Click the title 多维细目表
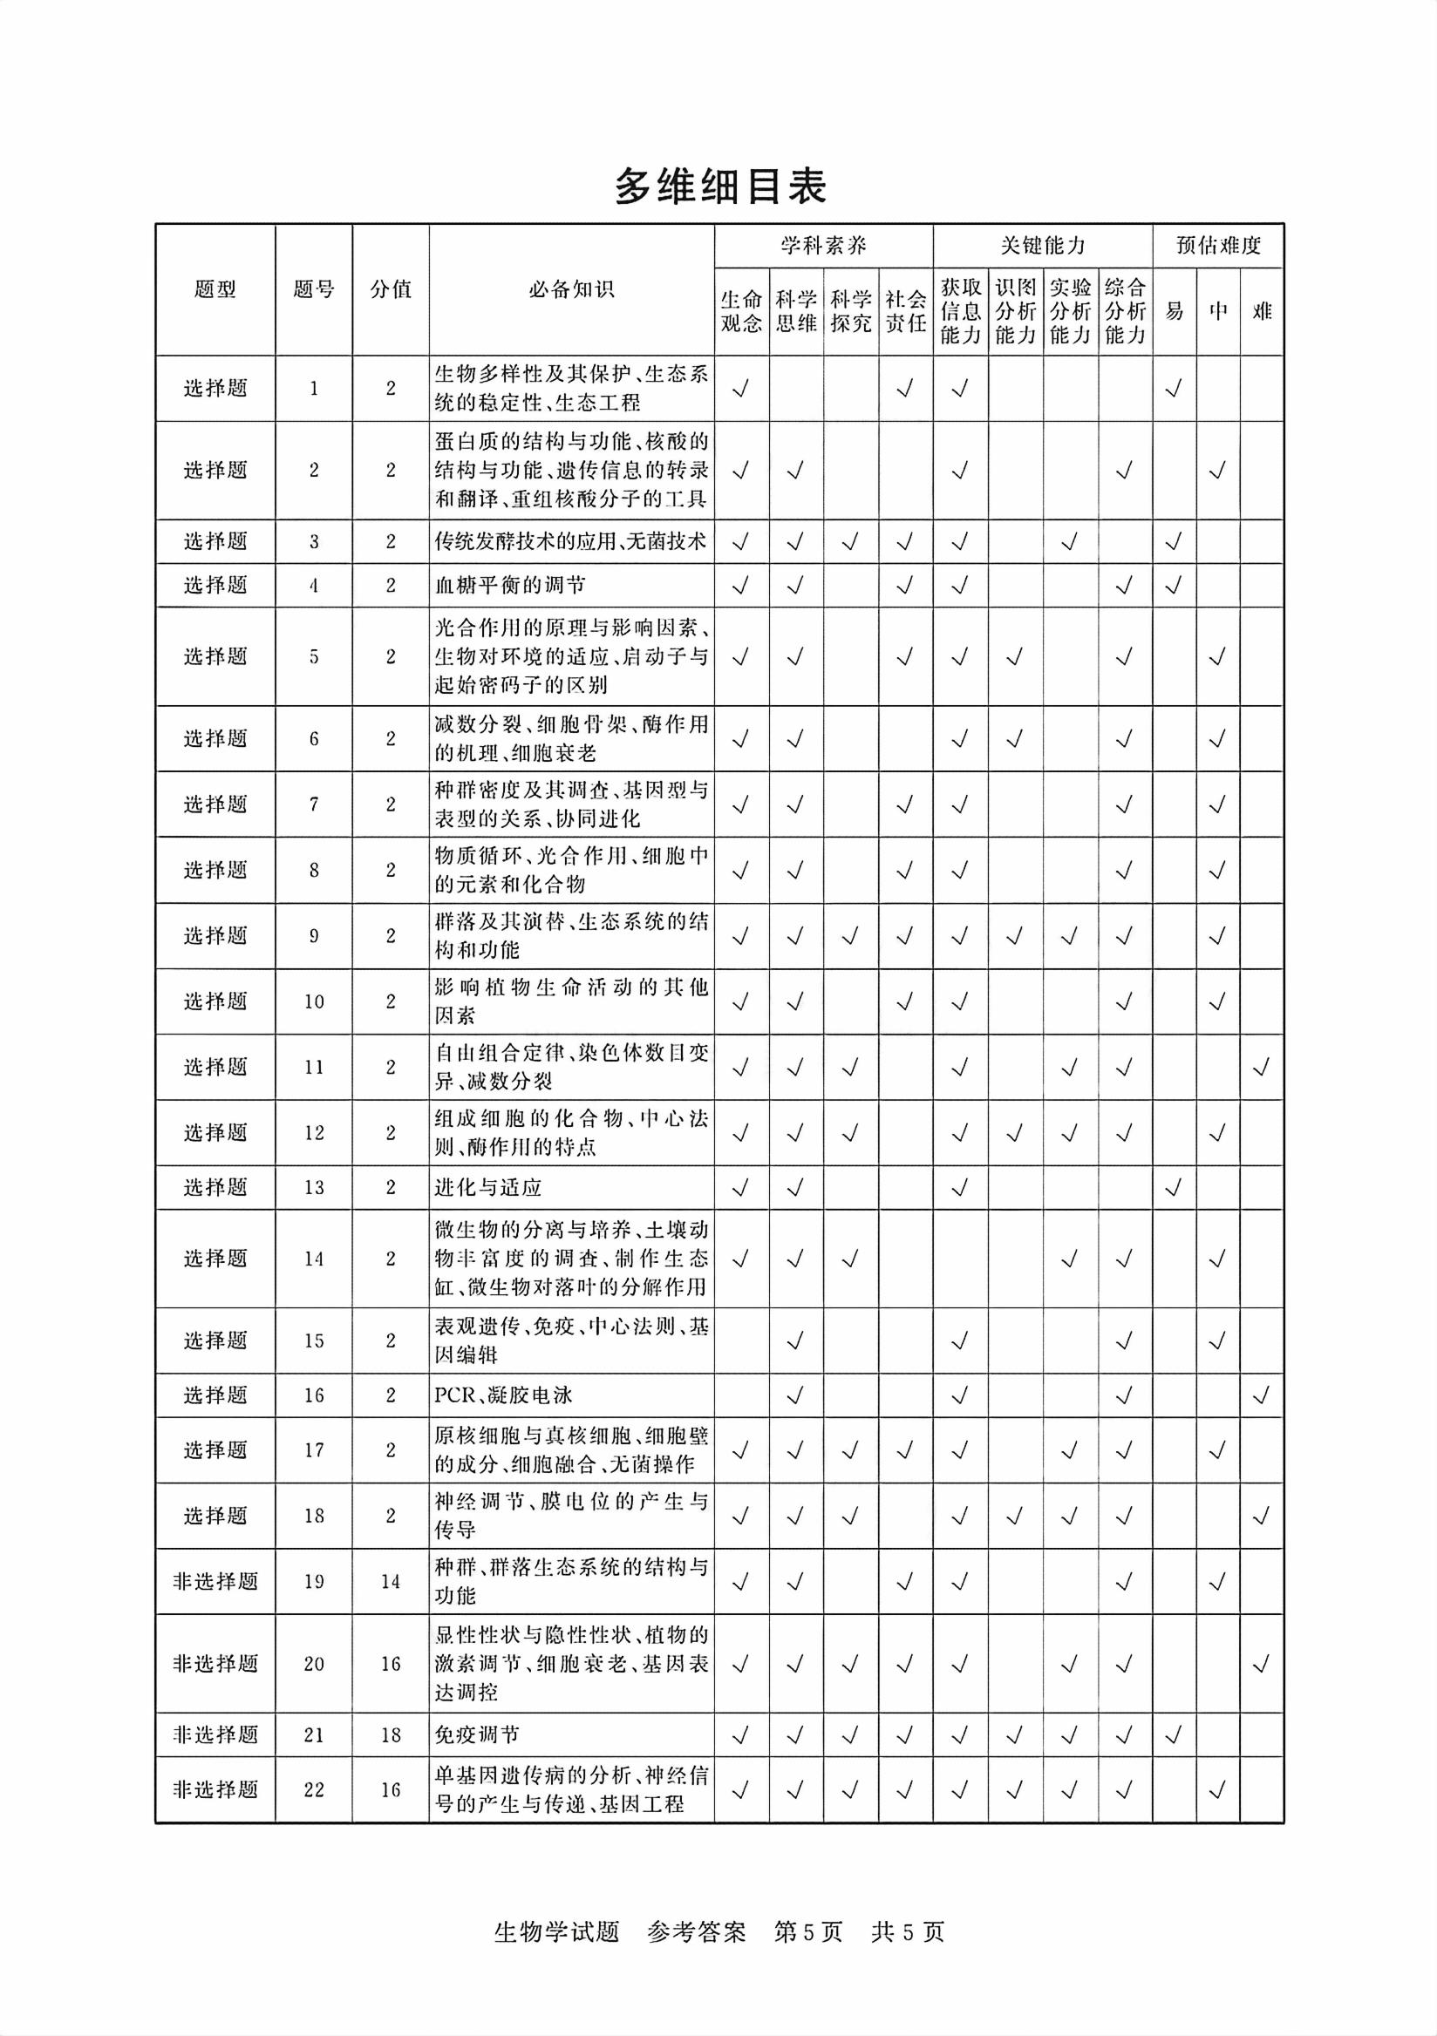tap(719, 187)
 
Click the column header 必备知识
tap(571, 290)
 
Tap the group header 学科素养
tap(823, 246)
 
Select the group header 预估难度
tap(1218, 246)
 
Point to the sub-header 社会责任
tap(905, 311)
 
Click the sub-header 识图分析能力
tap(1015, 311)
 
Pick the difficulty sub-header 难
tap(1262, 311)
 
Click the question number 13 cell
tap(314, 1187)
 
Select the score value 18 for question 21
tap(391, 1735)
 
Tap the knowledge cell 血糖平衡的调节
tap(510, 585)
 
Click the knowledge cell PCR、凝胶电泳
tap(503, 1395)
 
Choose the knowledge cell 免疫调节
tap(476, 1735)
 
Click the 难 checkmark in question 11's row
tap(1261, 1068)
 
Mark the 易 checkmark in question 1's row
tap(1174, 389)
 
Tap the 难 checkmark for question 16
tap(1261, 1395)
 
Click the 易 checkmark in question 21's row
tap(1174, 1735)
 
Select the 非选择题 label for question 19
tap(215, 1581)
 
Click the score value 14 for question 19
tap(391, 1581)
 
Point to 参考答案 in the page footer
tap(697, 1932)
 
